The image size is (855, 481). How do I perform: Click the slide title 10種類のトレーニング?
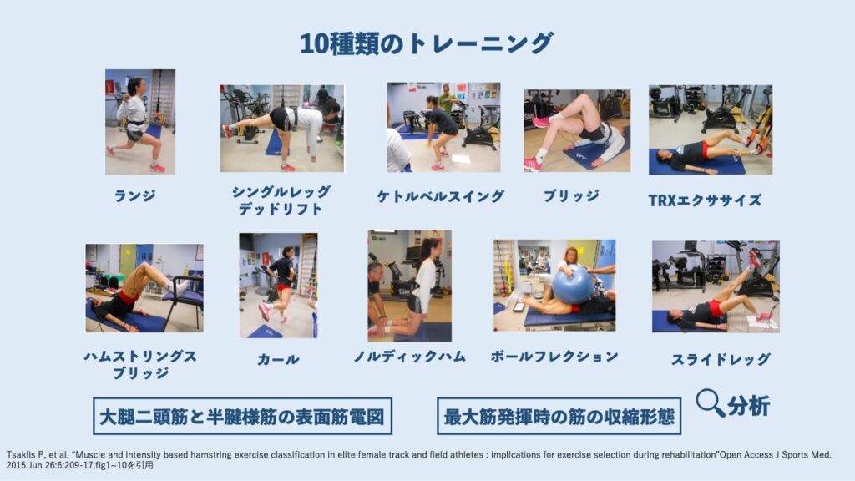click(427, 43)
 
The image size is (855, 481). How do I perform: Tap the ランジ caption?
click(134, 195)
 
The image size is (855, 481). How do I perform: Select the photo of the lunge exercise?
click(140, 122)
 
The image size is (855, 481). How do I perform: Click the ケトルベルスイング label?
click(441, 196)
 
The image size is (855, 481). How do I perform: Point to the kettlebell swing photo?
click(443, 127)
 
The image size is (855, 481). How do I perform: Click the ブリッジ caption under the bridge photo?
click(571, 195)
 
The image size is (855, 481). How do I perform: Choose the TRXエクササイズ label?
click(705, 200)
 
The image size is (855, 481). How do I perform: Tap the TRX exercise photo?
click(711, 129)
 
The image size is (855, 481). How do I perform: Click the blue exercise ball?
click(573, 285)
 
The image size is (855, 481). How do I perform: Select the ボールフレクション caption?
click(554, 357)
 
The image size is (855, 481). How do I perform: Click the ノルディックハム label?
click(409, 357)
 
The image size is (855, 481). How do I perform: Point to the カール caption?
click(278, 359)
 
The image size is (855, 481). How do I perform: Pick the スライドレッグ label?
click(721, 359)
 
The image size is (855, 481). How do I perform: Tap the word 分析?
click(748, 406)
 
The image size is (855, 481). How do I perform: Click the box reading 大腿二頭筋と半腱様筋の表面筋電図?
click(243, 416)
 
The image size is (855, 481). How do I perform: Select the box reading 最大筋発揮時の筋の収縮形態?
click(559, 416)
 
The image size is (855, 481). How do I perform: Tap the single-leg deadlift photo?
click(282, 128)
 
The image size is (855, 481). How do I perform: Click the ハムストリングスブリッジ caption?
click(140, 365)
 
